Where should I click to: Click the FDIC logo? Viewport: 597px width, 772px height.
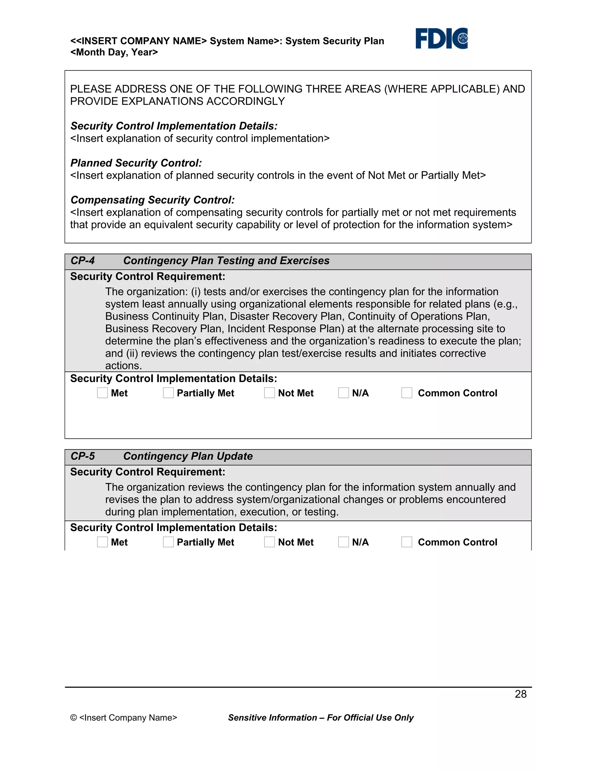coord(441,38)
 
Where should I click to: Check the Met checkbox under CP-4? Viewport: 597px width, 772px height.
coord(102,393)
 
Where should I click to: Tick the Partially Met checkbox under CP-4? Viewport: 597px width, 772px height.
coord(168,393)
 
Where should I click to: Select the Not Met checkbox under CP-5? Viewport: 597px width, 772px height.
coord(270,542)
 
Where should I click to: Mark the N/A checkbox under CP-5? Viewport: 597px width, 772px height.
coord(343,542)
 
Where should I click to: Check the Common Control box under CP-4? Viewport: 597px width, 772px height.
coord(407,393)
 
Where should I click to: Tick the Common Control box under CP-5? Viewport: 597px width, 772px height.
coord(407,542)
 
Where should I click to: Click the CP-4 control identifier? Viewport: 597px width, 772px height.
coord(83,260)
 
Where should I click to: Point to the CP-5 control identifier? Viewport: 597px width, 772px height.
coord(83,456)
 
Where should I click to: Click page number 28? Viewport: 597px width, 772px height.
coord(521,694)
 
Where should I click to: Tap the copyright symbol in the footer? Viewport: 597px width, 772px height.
coord(73,718)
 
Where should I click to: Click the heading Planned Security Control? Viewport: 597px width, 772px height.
coord(136,163)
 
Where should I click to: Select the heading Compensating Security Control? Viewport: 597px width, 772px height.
coord(152,200)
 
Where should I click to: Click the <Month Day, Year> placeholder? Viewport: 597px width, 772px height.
coord(114,52)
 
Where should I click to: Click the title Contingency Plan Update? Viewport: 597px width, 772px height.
coord(188,456)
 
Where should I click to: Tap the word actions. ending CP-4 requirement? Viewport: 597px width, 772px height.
coord(123,366)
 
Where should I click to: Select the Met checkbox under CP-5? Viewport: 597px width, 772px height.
coord(102,542)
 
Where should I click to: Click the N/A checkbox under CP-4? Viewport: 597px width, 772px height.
coord(343,393)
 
